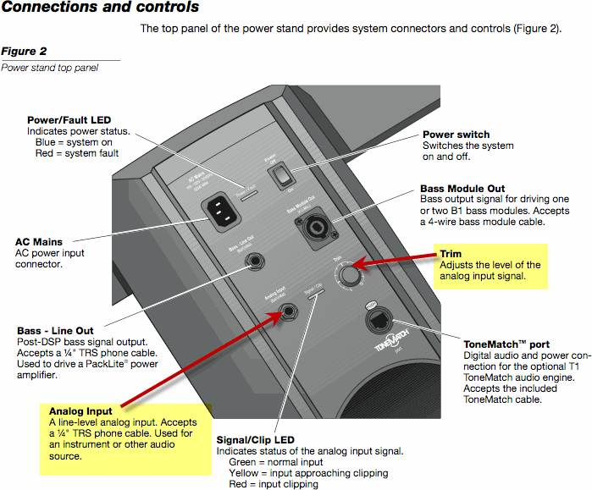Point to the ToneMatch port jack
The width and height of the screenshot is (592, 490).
click(x=379, y=322)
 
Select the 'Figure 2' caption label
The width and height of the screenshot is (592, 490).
click(x=24, y=52)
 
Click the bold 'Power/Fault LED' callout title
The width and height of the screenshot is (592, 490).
click(x=69, y=120)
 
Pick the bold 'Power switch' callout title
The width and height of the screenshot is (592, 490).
click(x=456, y=135)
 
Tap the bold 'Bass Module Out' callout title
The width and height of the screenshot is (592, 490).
click(x=462, y=189)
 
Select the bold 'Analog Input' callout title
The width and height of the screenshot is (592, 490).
click(x=80, y=411)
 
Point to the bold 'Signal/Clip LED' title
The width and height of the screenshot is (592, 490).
click(x=256, y=440)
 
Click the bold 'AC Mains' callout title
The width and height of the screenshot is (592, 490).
click(x=39, y=242)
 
